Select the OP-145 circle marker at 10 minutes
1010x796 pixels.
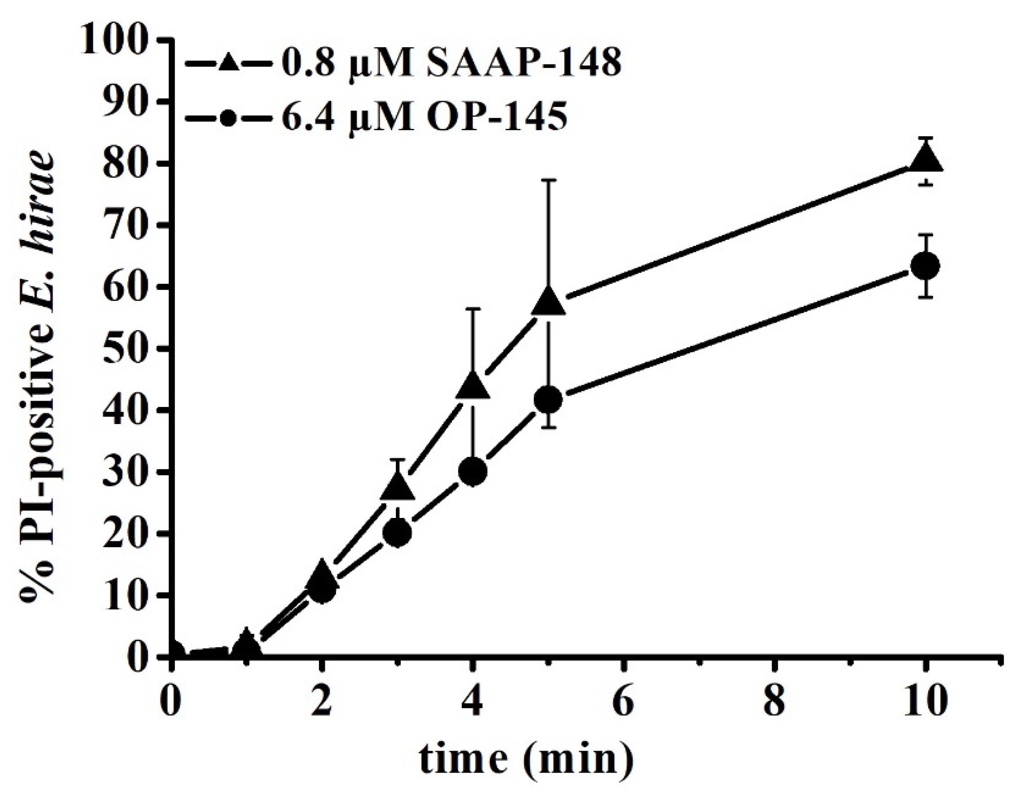[925, 266]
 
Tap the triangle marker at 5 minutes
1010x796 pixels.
[549, 302]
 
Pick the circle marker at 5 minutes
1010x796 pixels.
[549, 400]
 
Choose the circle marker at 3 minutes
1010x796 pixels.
[398, 533]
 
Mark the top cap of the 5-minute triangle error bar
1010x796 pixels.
[549, 180]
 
